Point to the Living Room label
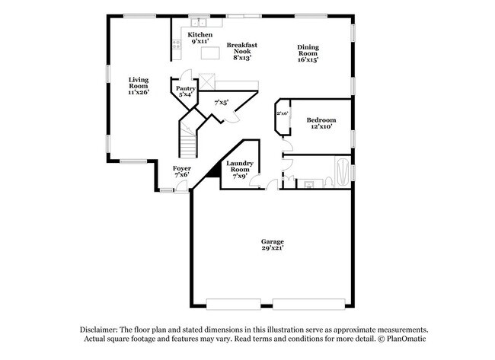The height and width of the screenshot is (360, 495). click(138, 85)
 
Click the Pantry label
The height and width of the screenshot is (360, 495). click(185, 91)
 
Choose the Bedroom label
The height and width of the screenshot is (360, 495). click(321, 123)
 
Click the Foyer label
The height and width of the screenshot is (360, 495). click(181, 171)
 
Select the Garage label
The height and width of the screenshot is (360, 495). click(272, 245)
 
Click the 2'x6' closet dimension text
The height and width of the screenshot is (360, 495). click(282, 113)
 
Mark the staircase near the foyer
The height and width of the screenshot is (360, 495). click(187, 141)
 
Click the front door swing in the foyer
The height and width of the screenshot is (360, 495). click(180, 187)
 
